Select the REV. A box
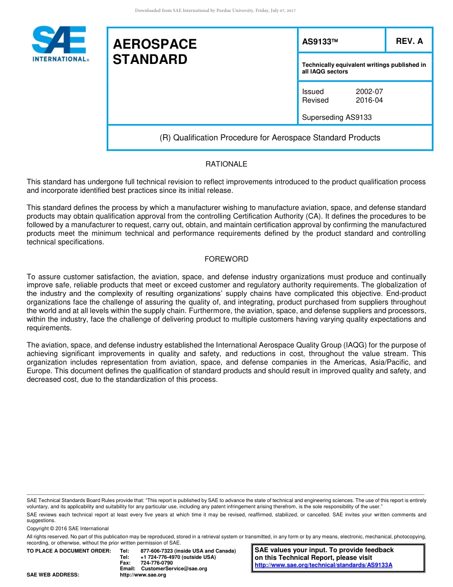(409, 41)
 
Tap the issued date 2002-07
(369, 92)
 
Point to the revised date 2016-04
(369, 100)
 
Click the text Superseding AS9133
(337, 117)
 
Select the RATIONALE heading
(226, 164)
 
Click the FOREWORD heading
(226, 259)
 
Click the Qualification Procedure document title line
(269, 138)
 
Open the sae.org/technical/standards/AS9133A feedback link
(323, 565)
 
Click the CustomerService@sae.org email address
(174, 569)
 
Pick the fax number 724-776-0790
(156, 563)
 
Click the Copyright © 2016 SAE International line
(68, 528)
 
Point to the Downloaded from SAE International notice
(215, 10)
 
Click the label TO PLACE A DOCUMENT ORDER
(69, 551)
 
